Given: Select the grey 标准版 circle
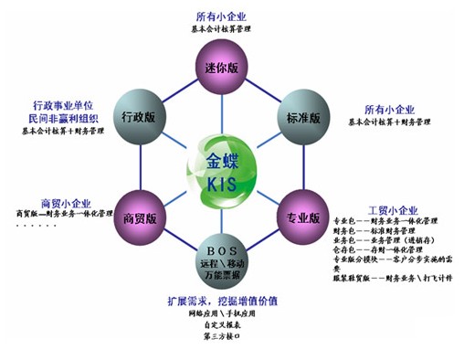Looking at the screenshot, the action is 302,118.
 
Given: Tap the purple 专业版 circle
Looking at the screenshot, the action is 302,219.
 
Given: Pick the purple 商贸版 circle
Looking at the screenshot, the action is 136,219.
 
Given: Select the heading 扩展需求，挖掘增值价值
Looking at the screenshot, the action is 224,302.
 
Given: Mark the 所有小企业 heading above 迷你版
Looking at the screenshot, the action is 221,17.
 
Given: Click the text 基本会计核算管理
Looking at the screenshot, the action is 221,29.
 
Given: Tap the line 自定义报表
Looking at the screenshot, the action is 224,325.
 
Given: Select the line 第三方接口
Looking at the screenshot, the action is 224,337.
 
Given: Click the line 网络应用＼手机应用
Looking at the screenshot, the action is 224,313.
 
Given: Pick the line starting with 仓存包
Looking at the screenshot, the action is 390,249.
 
